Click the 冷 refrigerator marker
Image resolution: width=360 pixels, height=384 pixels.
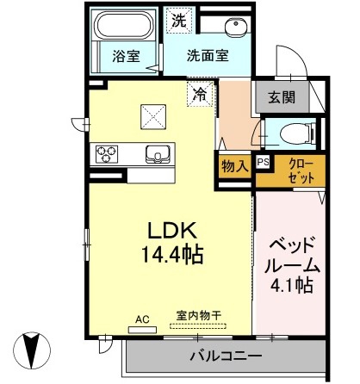click(x=199, y=90)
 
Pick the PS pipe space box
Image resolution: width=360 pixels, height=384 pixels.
click(x=263, y=160)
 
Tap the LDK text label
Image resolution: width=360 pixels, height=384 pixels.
click(x=177, y=231)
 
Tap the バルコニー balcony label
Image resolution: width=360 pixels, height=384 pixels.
click(x=225, y=354)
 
